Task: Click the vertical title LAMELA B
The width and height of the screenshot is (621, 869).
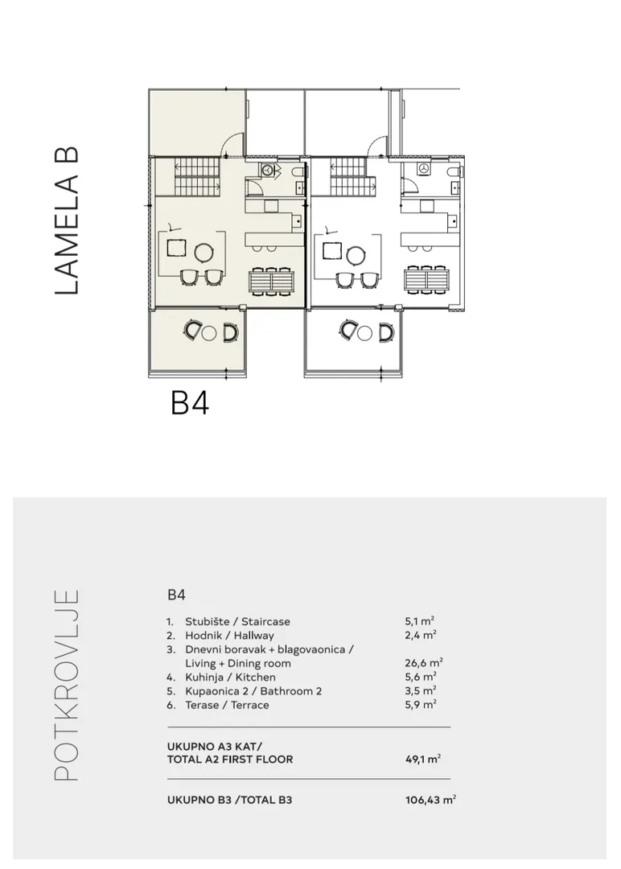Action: pos(67,220)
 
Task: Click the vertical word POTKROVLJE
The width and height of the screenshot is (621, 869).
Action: pos(67,685)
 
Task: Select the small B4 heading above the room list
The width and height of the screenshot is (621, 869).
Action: pos(176,595)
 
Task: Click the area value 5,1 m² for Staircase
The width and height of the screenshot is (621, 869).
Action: pos(419,621)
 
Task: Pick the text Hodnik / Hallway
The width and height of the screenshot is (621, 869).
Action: pos(229,635)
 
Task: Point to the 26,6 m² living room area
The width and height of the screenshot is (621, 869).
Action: pos(424,663)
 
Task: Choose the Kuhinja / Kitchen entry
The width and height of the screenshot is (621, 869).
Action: pos(230,677)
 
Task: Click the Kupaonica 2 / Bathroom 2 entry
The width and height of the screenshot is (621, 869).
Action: pos(253,690)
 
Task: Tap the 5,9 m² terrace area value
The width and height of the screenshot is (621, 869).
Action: pos(421,704)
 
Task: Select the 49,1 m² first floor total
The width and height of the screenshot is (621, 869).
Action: pos(422,759)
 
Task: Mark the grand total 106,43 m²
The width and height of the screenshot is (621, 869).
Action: pos(430,800)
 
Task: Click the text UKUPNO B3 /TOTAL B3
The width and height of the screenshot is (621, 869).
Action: pos(229,800)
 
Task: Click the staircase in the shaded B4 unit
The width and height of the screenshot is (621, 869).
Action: pos(198,177)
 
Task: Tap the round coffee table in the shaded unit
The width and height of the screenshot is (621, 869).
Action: pos(204,253)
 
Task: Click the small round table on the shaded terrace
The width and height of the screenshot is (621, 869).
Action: pos(209,333)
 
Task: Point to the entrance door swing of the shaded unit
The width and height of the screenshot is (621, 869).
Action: pos(232,145)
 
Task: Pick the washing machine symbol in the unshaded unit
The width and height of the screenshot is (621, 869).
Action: pos(424,170)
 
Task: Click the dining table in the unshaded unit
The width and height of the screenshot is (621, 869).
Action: pos(426,281)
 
